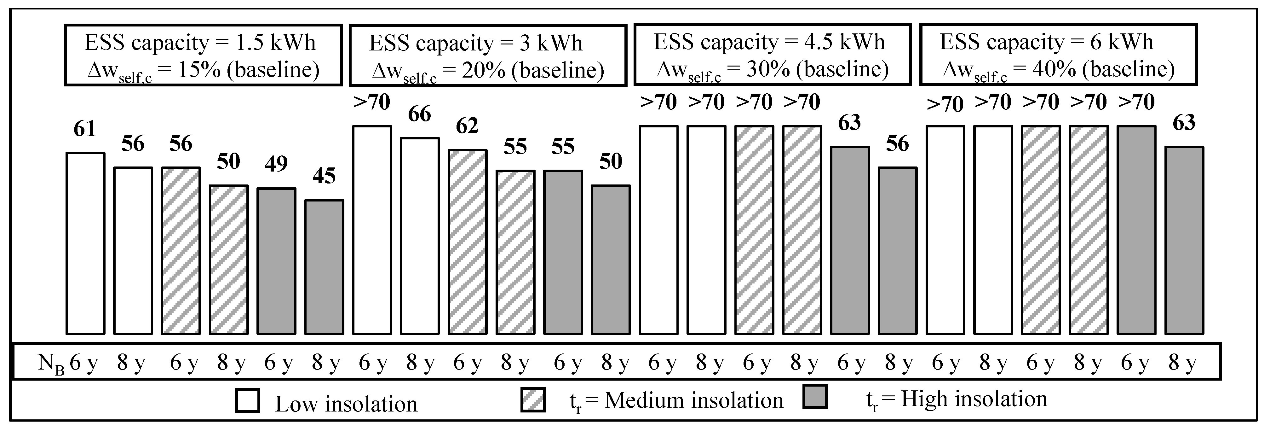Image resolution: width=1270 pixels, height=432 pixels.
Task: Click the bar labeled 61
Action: point(85,243)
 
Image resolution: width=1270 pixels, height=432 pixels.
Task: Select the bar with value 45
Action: point(324,266)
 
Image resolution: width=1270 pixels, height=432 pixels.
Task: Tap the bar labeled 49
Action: point(276,261)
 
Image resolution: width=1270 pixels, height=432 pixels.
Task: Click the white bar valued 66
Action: point(420,236)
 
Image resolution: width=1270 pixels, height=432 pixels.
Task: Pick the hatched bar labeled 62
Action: point(467,242)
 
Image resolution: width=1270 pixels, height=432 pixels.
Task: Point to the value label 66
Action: point(420,114)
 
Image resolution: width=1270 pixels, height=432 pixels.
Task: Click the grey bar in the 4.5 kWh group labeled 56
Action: point(897,250)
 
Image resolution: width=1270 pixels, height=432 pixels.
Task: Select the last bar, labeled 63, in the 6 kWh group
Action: point(1184,240)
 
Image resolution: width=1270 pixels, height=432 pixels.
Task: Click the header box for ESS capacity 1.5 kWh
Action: point(203,55)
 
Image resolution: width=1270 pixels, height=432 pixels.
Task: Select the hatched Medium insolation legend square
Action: point(533,400)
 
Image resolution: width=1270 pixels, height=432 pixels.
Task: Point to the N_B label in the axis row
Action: point(51,364)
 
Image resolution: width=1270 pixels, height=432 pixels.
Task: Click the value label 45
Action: point(324,176)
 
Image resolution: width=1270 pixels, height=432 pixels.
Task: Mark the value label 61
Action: point(85,129)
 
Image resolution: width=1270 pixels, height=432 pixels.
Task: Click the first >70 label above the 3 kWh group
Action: point(372,102)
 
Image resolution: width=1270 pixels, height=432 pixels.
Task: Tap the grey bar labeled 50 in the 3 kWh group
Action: point(610,259)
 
